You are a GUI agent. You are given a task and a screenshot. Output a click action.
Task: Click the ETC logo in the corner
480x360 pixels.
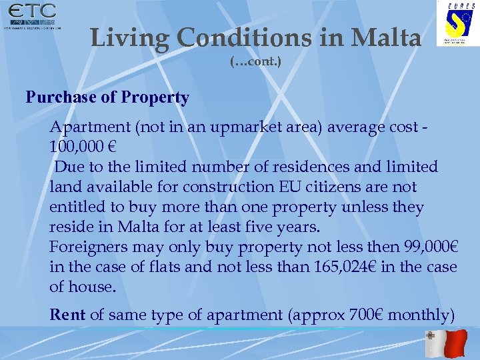coord(31,17)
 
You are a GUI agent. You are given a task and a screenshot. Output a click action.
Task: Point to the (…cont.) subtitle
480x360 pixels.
coord(256,62)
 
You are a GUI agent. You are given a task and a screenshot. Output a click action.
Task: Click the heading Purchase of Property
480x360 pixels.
coord(107,97)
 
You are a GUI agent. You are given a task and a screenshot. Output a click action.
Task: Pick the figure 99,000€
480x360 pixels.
coord(431,247)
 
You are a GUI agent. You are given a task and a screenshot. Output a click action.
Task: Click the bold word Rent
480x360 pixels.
coord(67,314)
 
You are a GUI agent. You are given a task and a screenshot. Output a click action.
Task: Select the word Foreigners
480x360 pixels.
coord(89,247)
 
